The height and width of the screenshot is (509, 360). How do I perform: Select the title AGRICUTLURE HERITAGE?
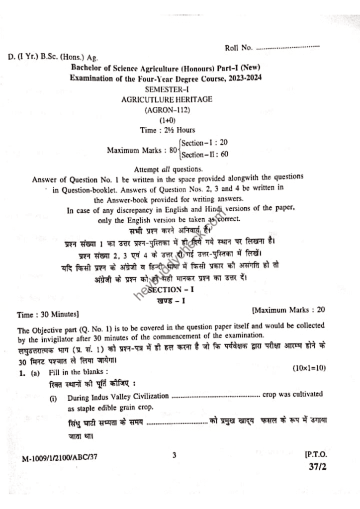pos(167,99)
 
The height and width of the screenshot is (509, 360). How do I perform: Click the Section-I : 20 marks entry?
pos(204,143)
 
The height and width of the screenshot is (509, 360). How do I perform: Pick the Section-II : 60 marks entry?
pos(205,154)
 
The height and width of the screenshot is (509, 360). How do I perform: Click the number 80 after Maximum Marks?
pos(174,149)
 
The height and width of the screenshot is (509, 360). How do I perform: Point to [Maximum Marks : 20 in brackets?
pos(288,310)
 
